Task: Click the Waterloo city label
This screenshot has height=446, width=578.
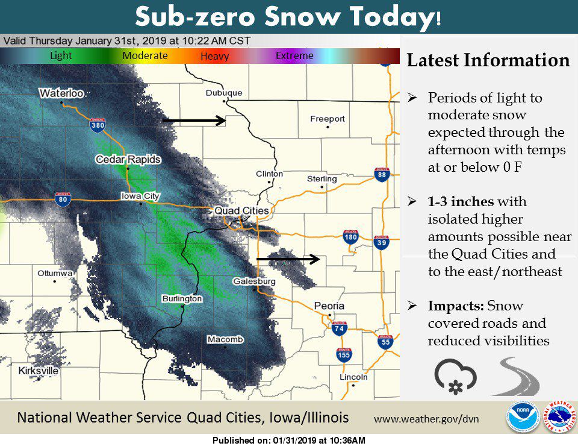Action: pyautogui.click(x=61, y=93)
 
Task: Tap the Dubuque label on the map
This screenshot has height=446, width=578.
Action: pyautogui.click(x=223, y=93)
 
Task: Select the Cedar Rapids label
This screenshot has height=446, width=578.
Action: pyautogui.click(x=128, y=160)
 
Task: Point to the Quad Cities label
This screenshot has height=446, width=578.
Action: pyautogui.click(x=242, y=211)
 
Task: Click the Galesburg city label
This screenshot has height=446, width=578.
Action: pyautogui.click(x=254, y=281)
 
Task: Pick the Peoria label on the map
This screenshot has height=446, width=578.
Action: pyautogui.click(x=329, y=306)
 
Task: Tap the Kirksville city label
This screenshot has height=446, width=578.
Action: pyautogui.click(x=39, y=371)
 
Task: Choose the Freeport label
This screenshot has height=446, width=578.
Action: pyautogui.click(x=328, y=119)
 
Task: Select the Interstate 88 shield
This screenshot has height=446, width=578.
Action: pyautogui.click(x=381, y=175)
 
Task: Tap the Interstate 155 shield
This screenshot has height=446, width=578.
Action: pyautogui.click(x=344, y=355)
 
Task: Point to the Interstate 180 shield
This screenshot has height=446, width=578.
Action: pyautogui.click(x=351, y=237)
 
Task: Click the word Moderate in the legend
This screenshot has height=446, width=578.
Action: pyautogui.click(x=145, y=56)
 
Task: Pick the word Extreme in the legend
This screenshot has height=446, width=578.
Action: pyautogui.click(x=294, y=56)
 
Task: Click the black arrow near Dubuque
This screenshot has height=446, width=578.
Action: pyautogui.click(x=193, y=121)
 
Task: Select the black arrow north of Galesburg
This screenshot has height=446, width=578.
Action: pyautogui.click(x=288, y=259)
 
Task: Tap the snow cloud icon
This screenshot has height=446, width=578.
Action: pyautogui.click(x=455, y=376)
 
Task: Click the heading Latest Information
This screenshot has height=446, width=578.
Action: pyautogui.click(x=488, y=60)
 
